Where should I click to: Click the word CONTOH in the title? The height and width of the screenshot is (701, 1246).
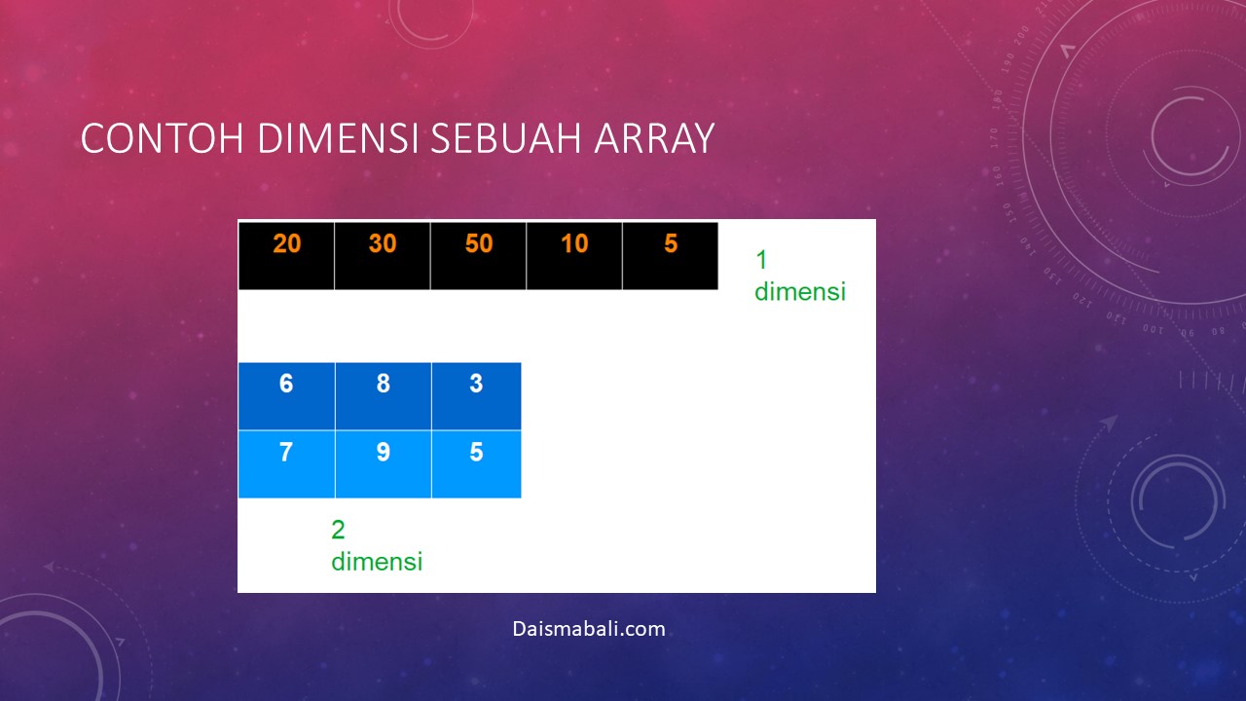[x=162, y=138]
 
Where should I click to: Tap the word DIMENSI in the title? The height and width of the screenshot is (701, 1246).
[x=337, y=138]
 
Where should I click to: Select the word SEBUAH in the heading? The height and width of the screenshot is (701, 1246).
[x=505, y=138]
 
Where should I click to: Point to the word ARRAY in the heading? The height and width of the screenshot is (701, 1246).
[x=654, y=138]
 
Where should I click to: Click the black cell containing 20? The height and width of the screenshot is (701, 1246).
[x=286, y=256]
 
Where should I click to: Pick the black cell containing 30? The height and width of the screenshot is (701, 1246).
[x=383, y=256]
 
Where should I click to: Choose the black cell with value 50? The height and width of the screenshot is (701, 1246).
[x=478, y=256]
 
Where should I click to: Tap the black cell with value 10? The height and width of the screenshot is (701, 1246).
[x=574, y=256]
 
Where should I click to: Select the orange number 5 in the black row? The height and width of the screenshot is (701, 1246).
[x=671, y=243]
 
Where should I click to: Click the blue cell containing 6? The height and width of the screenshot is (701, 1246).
[x=286, y=396]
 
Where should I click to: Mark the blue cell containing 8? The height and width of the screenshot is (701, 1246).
[x=384, y=396]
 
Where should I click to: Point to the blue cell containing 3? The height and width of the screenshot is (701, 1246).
[x=477, y=396]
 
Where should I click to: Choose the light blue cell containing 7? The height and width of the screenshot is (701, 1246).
[x=286, y=464]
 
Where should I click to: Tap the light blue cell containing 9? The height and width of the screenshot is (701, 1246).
[x=384, y=464]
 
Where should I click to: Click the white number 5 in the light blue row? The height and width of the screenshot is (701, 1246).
[x=476, y=452]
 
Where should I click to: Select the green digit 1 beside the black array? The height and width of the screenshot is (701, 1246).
[x=761, y=260]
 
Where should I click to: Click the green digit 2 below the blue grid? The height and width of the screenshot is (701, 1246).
[x=338, y=530]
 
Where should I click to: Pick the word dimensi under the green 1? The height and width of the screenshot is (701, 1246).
[x=800, y=291]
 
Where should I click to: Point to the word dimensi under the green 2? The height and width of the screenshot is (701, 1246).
[x=377, y=562]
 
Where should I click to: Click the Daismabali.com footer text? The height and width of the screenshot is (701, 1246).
[x=589, y=629]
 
